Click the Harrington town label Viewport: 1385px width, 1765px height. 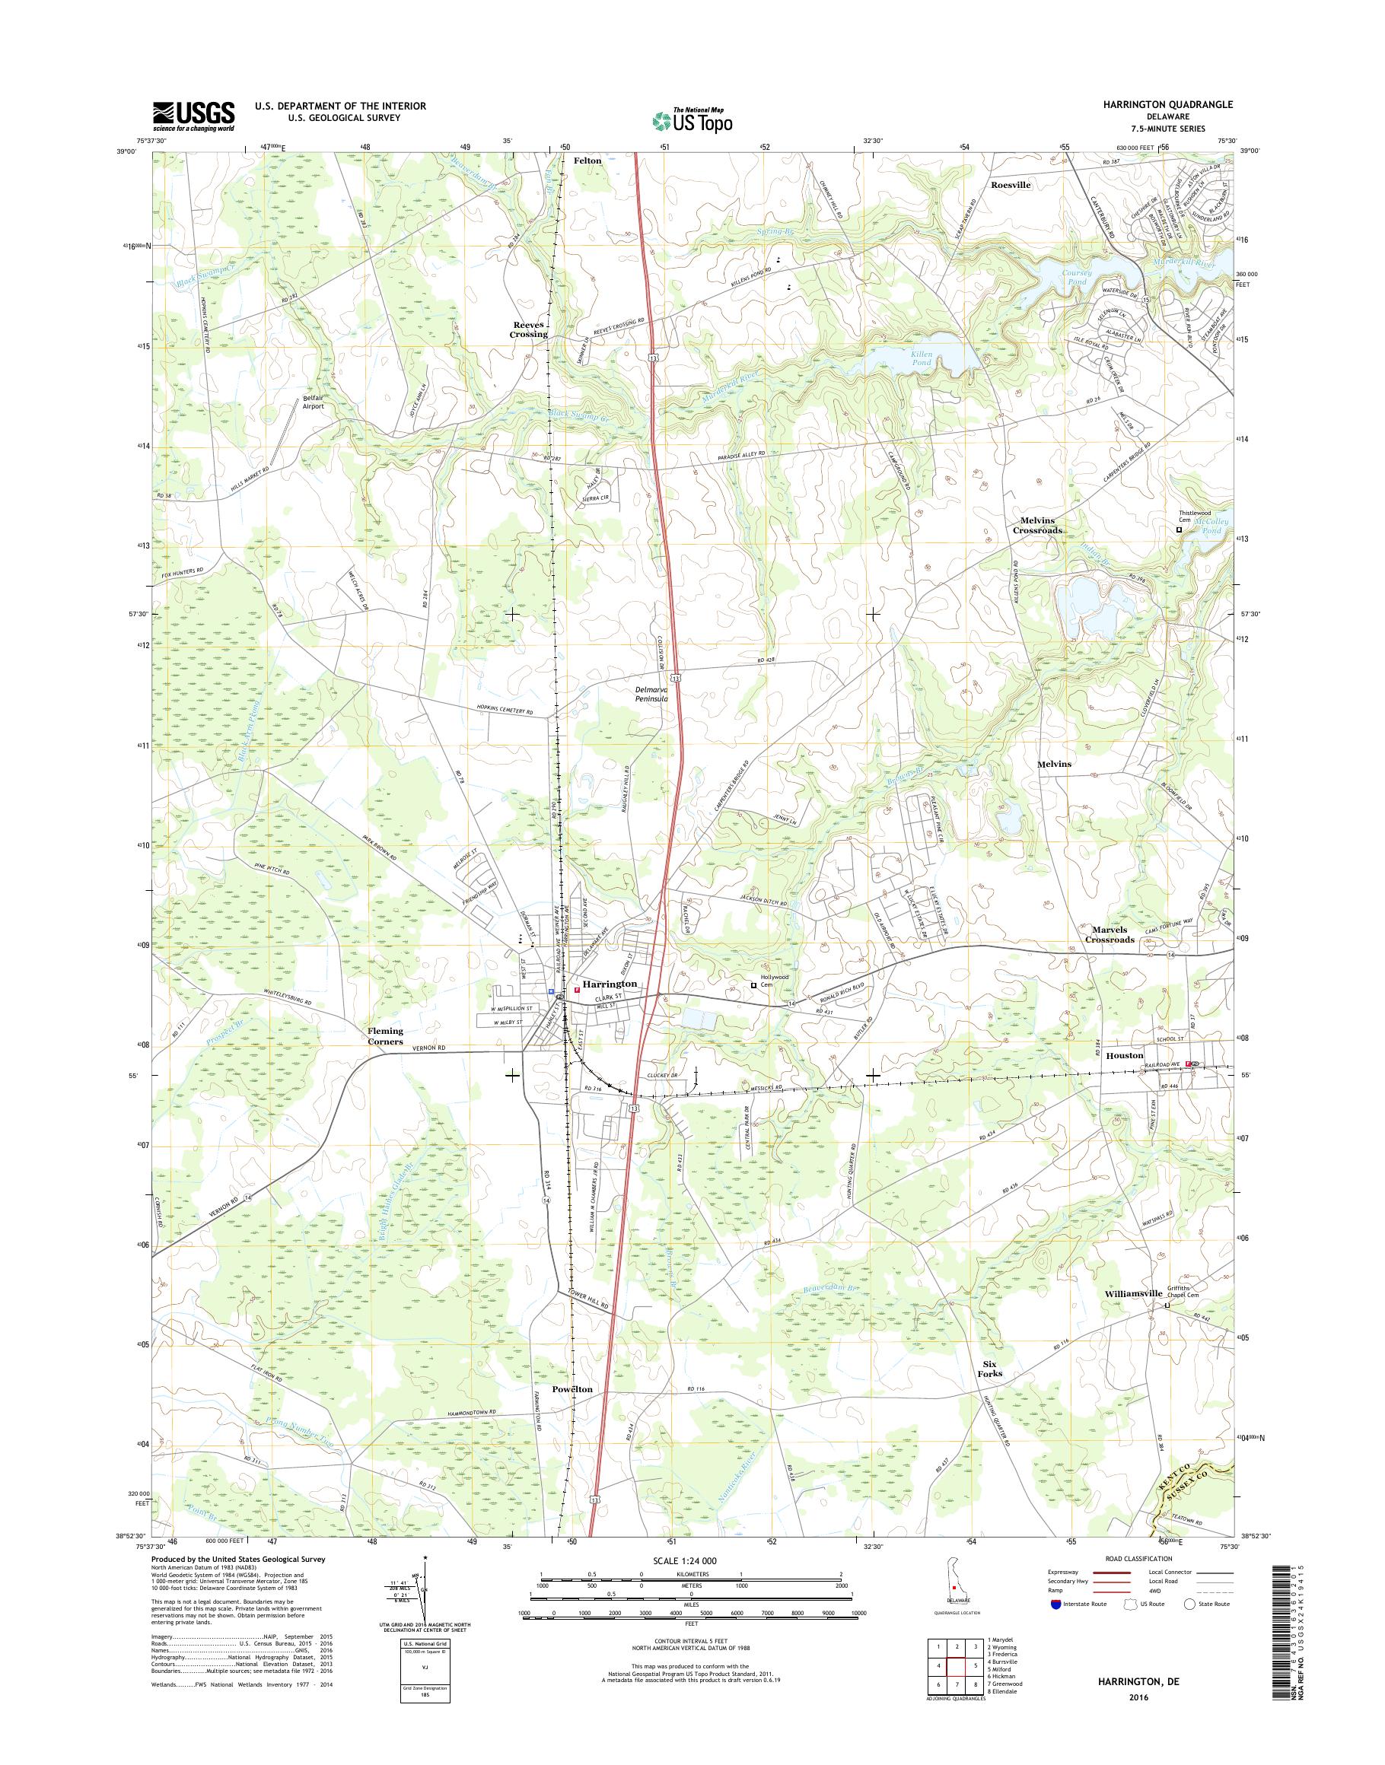click(x=610, y=984)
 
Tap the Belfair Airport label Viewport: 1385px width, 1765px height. click(x=313, y=402)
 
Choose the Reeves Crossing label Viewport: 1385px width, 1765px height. click(x=528, y=329)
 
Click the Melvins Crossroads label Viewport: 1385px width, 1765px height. click(x=1036, y=526)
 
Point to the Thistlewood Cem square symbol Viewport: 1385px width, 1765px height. click(x=1179, y=529)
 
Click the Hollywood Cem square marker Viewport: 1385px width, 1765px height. click(x=753, y=985)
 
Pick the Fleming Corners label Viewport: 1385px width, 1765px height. click(x=385, y=1036)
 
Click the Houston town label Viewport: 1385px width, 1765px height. click(x=1123, y=1056)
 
